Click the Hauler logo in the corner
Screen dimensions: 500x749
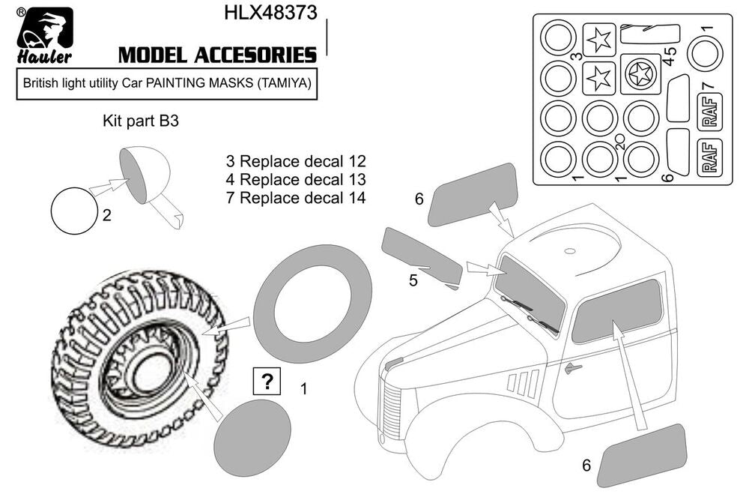[x=45, y=36]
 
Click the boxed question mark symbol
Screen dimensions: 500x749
[x=267, y=382]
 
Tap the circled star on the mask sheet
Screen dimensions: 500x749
[x=641, y=74]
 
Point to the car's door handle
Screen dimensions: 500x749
[x=573, y=367]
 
